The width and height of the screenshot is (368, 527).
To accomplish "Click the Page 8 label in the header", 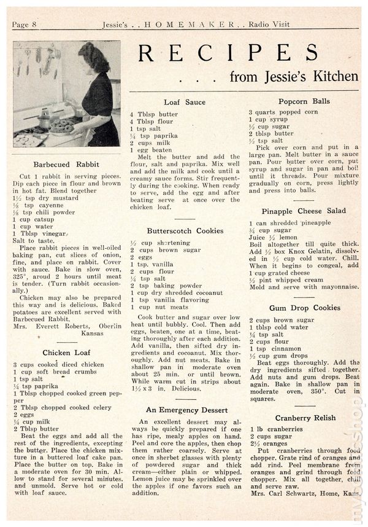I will [x=25, y=25].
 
